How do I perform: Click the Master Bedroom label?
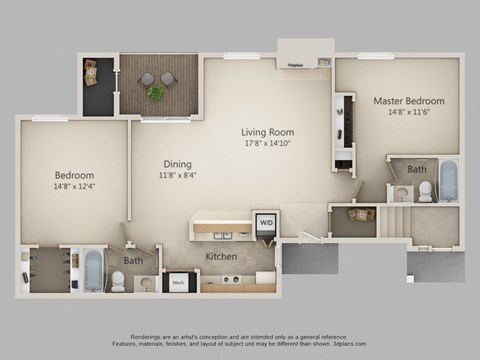[409, 101]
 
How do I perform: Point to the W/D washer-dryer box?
[267, 223]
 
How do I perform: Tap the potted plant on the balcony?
[155, 92]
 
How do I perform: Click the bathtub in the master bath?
[449, 180]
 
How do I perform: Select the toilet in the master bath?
[425, 193]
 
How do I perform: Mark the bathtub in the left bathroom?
[93, 270]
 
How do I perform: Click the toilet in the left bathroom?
[118, 282]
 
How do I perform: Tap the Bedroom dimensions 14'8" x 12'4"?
[74, 187]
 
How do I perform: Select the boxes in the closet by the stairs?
[357, 215]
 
